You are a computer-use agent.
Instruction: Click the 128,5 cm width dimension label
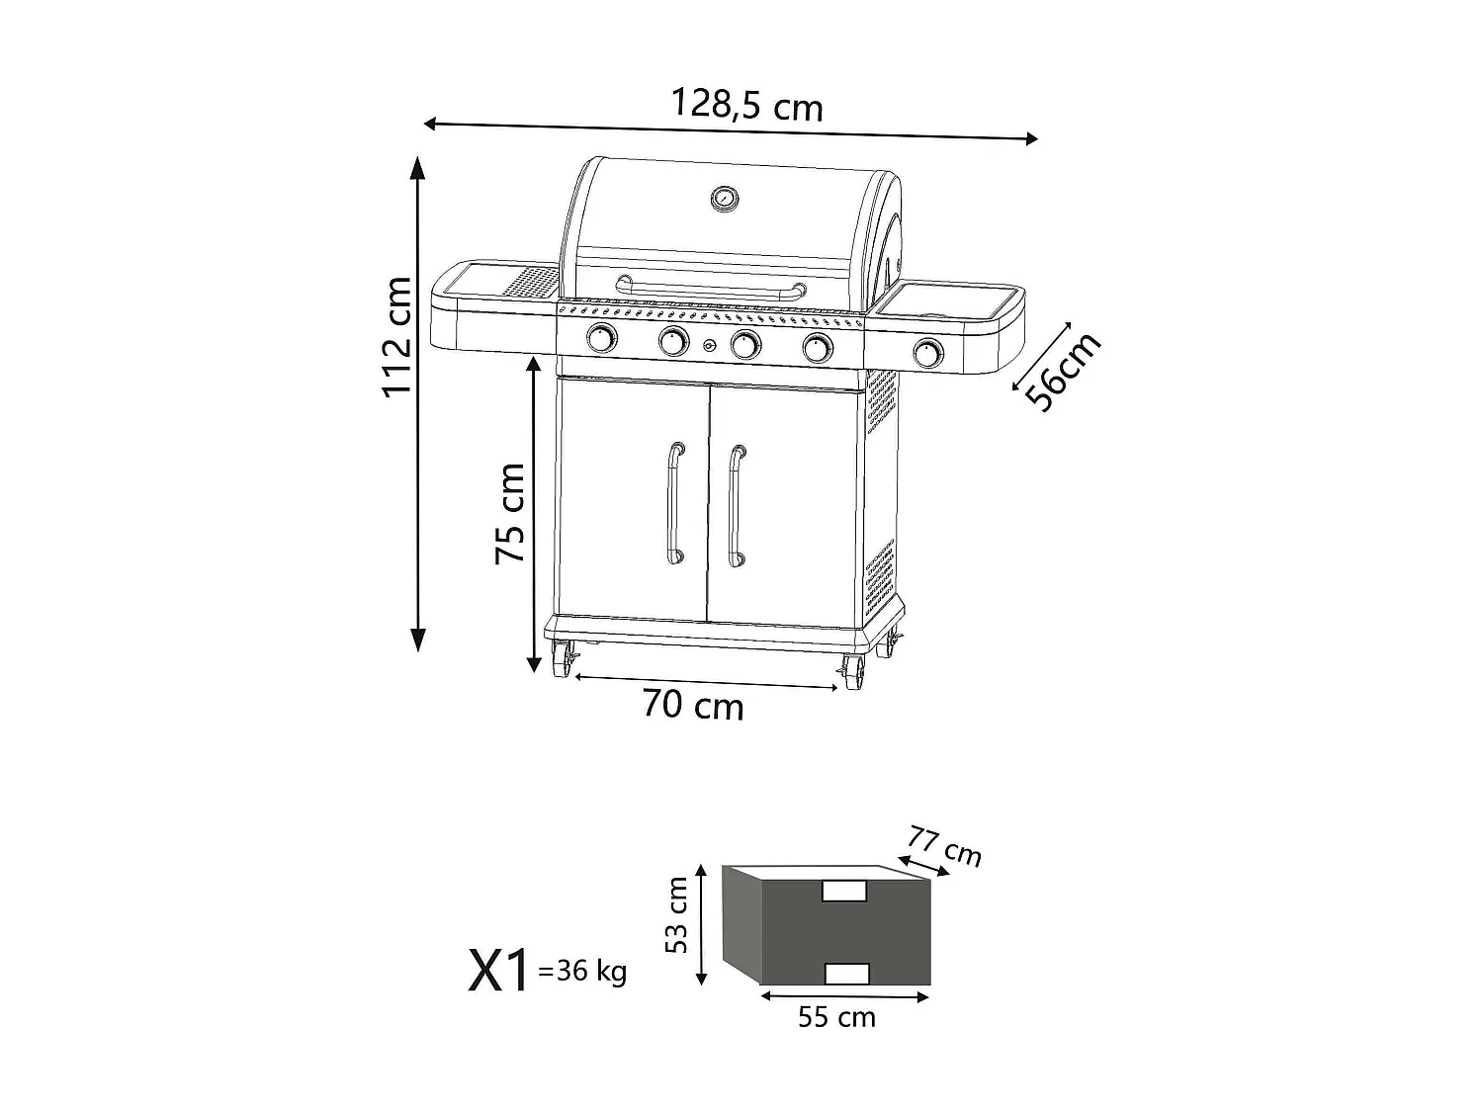[x=746, y=104]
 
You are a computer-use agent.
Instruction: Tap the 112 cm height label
[x=397, y=336]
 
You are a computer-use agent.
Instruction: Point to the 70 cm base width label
[x=692, y=706]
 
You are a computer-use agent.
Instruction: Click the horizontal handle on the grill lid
[x=710, y=288]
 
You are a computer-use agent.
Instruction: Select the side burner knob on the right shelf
[x=927, y=352]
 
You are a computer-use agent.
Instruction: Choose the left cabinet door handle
[x=675, y=503]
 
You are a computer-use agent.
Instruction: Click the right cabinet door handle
[x=736, y=506]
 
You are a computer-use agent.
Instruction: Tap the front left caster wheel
[x=562, y=660]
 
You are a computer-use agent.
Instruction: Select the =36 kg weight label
[x=582, y=971]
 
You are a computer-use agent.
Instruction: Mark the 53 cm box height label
[x=678, y=913]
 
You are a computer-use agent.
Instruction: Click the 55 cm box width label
[x=836, y=1017]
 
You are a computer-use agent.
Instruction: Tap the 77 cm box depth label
[x=944, y=847]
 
